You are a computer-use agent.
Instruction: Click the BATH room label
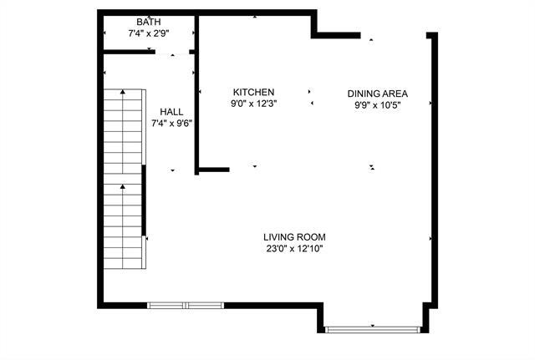(x=149, y=22)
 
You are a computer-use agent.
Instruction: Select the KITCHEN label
(x=253, y=92)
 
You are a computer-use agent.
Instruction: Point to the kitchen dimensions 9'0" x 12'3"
(x=253, y=104)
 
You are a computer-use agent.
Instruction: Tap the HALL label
(x=171, y=111)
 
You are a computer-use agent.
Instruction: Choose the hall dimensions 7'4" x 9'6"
(x=171, y=123)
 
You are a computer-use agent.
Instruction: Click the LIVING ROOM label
(x=294, y=236)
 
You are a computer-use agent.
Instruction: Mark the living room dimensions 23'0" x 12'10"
(x=294, y=248)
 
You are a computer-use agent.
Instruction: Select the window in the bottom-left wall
(x=186, y=305)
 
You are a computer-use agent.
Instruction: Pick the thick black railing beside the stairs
(x=144, y=200)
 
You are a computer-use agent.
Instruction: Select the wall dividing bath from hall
(x=125, y=52)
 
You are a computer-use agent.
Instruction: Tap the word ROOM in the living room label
(x=311, y=236)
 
